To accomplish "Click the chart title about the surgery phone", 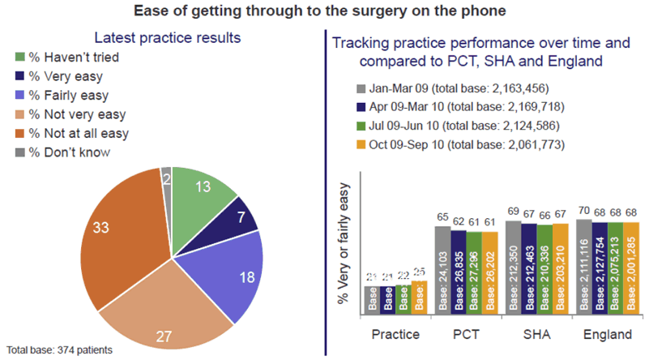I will click(x=324, y=11).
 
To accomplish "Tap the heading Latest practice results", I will click(x=167, y=38).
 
